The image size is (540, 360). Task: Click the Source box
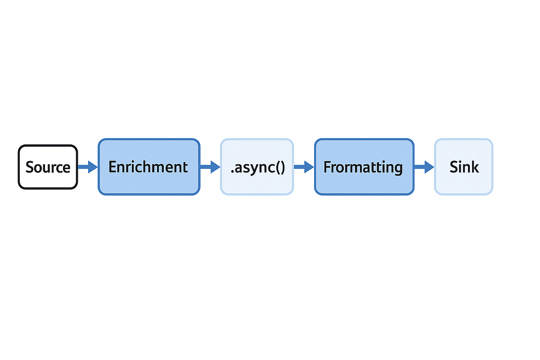(x=48, y=167)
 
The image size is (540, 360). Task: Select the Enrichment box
(x=148, y=167)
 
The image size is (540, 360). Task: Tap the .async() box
(x=257, y=167)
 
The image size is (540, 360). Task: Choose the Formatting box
(x=364, y=167)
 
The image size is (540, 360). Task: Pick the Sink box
(x=463, y=167)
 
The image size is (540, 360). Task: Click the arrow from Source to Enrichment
(x=88, y=167)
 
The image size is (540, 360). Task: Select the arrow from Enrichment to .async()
(x=210, y=167)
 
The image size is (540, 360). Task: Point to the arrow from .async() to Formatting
(x=304, y=167)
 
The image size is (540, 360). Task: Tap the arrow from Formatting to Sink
(x=424, y=167)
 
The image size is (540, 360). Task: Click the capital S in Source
(x=30, y=167)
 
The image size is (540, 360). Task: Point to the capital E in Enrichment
(x=112, y=167)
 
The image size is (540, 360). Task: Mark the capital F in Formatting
(x=327, y=167)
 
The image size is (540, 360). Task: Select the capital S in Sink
(x=454, y=167)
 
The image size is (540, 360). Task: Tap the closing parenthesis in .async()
(x=282, y=168)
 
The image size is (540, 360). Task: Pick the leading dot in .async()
(x=232, y=172)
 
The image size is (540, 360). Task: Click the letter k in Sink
(x=475, y=167)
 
